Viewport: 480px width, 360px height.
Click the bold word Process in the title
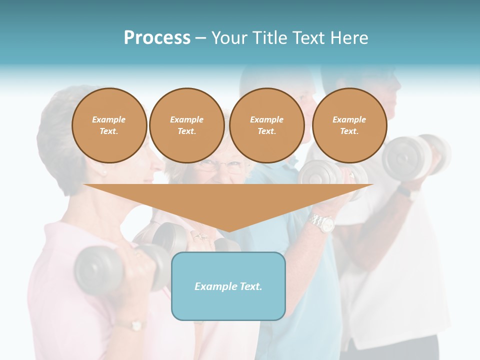pyautogui.click(x=157, y=38)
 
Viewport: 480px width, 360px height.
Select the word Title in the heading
pyautogui.click(x=269, y=38)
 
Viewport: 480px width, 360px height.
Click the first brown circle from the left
pyautogui.click(x=109, y=125)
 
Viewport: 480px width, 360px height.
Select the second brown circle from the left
pyautogui.click(x=186, y=125)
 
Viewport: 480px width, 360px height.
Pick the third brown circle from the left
pyautogui.click(x=266, y=125)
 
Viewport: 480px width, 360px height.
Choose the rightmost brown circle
pyautogui.click(x=349, y=125)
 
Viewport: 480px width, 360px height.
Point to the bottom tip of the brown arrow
pyautogui.click(x=228, y=231)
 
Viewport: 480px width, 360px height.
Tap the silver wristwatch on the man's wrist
pyautogui.click(x=321, y=222)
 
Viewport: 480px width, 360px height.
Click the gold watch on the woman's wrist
pyautogui.click(x=135, y=325)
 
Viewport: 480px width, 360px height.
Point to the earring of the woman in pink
pyautogui.click(x=104, y=173)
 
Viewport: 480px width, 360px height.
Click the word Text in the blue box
pyautogui.click(x=250, y=286)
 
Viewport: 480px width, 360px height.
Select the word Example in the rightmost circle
pyautogui.click(x=349, y=119)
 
